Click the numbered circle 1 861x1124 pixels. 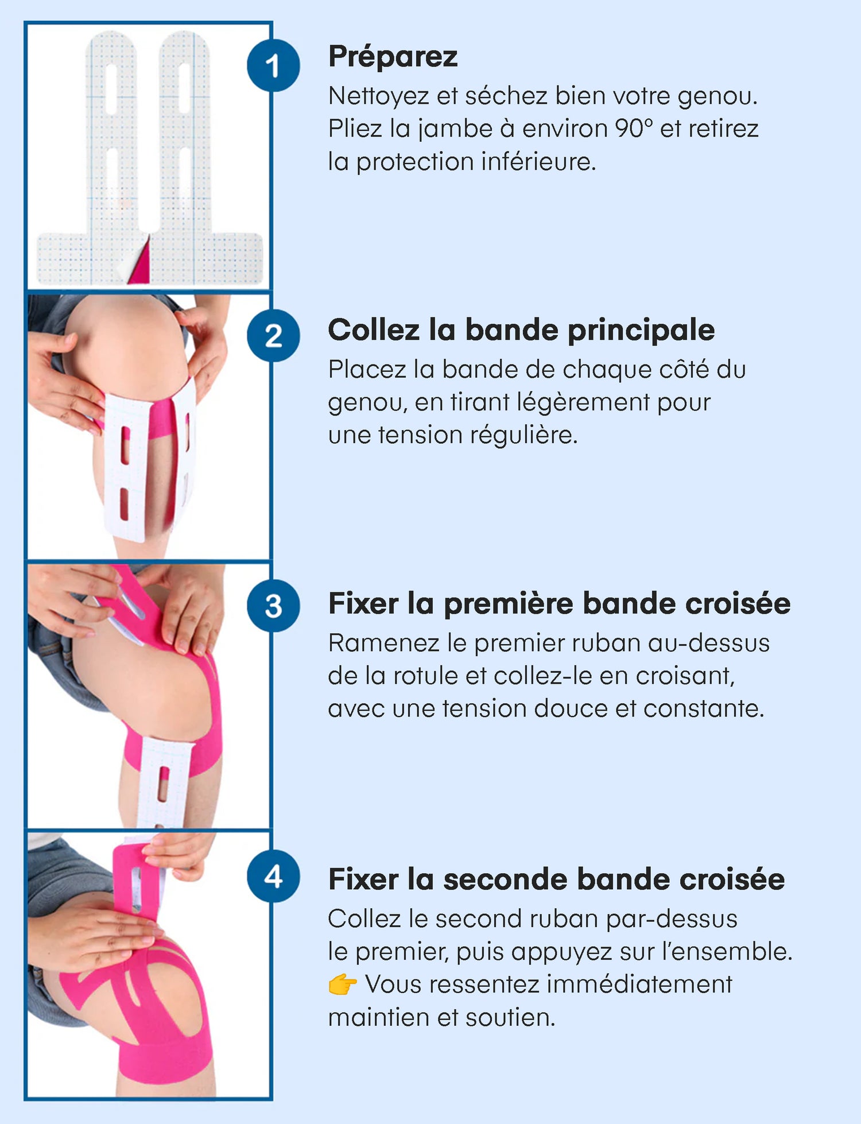(x=273, y=65)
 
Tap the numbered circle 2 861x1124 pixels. (x=273, y=336)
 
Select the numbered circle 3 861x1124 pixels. (x=273, y=606)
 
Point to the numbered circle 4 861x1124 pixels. (x=273, y=877)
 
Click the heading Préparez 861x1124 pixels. (x=393, y=57)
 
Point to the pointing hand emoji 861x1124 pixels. (x=343, y=985)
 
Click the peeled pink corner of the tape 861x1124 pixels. (x=140, y=261)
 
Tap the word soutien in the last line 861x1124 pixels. (x=510, y=1017)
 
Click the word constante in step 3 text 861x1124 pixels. (x=704, y=708)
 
